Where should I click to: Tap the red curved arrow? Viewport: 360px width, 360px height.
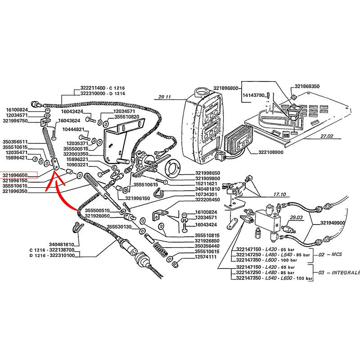[x=61, y=193]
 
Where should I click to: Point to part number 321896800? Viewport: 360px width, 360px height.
[x=225, y=89]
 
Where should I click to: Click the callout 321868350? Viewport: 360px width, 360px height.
[x=307, y=86]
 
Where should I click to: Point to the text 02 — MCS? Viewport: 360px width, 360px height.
[x=330, y=254]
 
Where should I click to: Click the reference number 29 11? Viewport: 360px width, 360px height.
[x=165, y=97]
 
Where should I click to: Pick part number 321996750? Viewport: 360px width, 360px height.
[x=15, y=121]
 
